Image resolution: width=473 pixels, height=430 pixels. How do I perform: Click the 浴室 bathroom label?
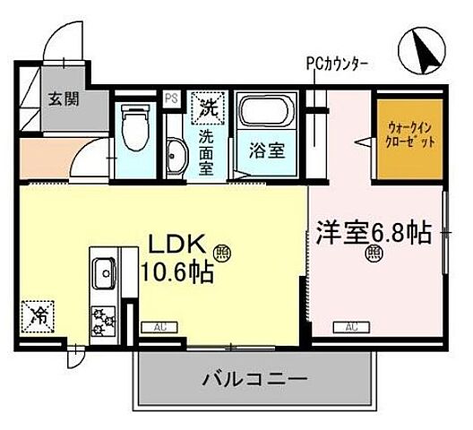pyautogui.click(x=266, y=150)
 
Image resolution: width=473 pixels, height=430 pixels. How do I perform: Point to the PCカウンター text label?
pyautogui.click(x=337, y=64)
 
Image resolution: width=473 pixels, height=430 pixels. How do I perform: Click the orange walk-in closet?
pyautogui.click(x=407, y=136)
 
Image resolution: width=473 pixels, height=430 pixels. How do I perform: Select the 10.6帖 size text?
pyautogui.click(x=175, y=270)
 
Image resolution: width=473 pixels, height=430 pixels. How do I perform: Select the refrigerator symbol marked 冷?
pyautogui.click(x=39, y=316)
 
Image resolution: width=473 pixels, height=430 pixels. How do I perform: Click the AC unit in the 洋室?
pyautogui.click(x=352, y=328)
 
